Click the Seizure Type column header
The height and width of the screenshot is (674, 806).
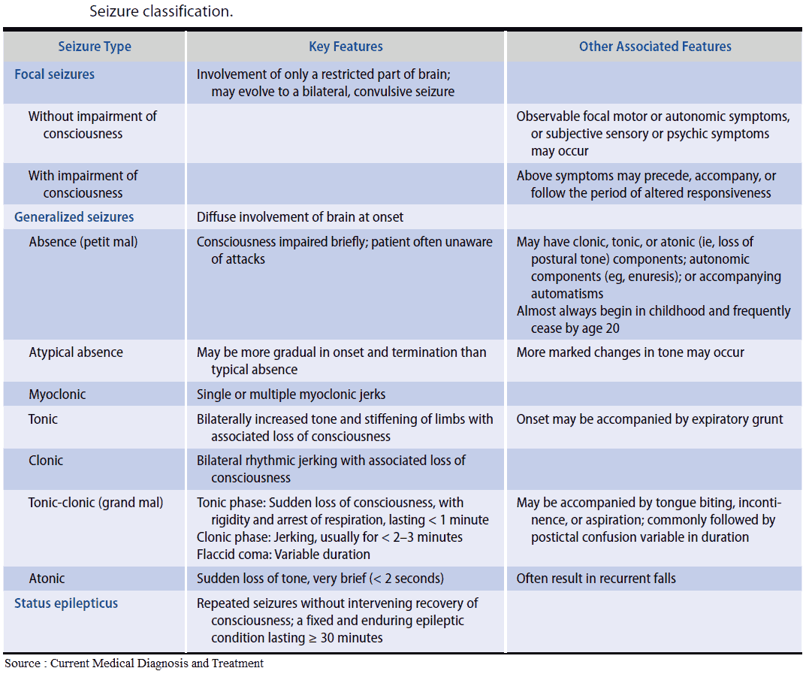(x=95, y=47)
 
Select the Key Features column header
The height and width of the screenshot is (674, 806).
(x=346, y=47)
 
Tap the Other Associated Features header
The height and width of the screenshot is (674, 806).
(x=655, y=47)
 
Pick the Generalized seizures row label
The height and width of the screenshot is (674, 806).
(x=74, y=217)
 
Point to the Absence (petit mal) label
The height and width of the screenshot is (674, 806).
(x=83, y=242)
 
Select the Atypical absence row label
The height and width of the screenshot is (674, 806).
(x=76, y=352)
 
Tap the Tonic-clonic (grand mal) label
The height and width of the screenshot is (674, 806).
(x=95, y=503)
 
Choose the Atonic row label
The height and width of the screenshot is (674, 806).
(x=47, y=579)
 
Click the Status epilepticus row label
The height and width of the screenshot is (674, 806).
(x=66, y=603)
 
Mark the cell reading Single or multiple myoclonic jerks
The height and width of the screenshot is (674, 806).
(x=291, y=394)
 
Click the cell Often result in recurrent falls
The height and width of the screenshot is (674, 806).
(x=596, y=579)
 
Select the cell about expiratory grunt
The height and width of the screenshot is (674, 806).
(x=649, y=419)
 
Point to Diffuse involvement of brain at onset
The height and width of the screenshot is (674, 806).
(x=300, y=217)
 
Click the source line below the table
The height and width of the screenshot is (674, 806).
(x=134, y=663)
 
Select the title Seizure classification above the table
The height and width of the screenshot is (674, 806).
(x=162, y=11)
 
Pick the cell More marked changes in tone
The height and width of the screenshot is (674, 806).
(x=630, y=352)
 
